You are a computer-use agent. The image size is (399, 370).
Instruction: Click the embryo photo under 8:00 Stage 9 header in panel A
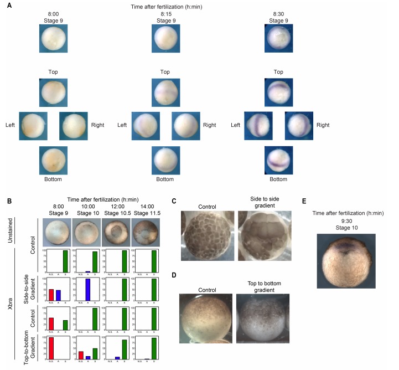[x=53, y=38]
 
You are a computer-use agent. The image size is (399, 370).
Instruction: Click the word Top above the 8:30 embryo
[x=278, y=72]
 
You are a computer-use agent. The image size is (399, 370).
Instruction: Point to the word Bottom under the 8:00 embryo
[x=53, y=180]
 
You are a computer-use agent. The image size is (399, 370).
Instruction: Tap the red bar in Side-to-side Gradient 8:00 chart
[x=51, y=296]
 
